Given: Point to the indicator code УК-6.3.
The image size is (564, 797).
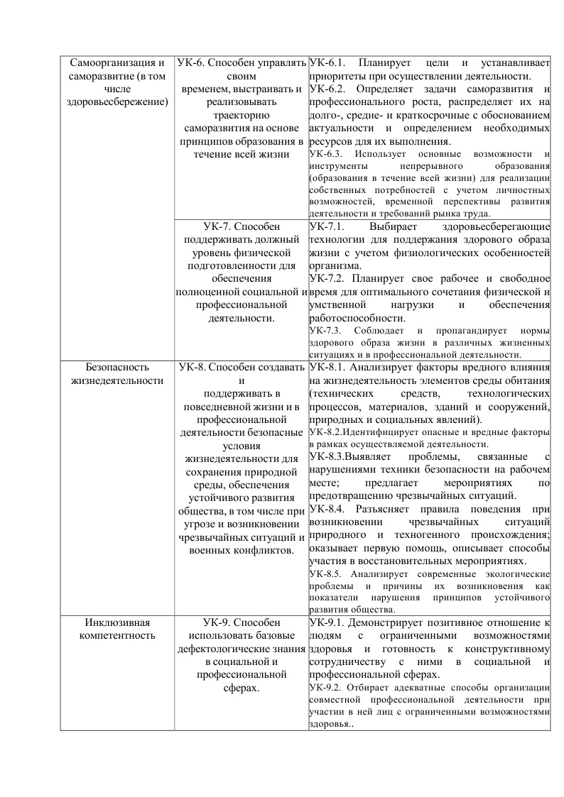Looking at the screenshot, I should pos(326,153).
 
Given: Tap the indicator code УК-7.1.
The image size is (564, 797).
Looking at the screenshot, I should pos(327,227).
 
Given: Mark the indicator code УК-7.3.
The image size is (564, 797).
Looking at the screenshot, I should pos(326,331).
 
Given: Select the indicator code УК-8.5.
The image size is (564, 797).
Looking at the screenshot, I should pos(326,573).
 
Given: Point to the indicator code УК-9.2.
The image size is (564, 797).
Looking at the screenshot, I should pos(326,688).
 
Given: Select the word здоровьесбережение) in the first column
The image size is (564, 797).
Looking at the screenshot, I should pos(117,101).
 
